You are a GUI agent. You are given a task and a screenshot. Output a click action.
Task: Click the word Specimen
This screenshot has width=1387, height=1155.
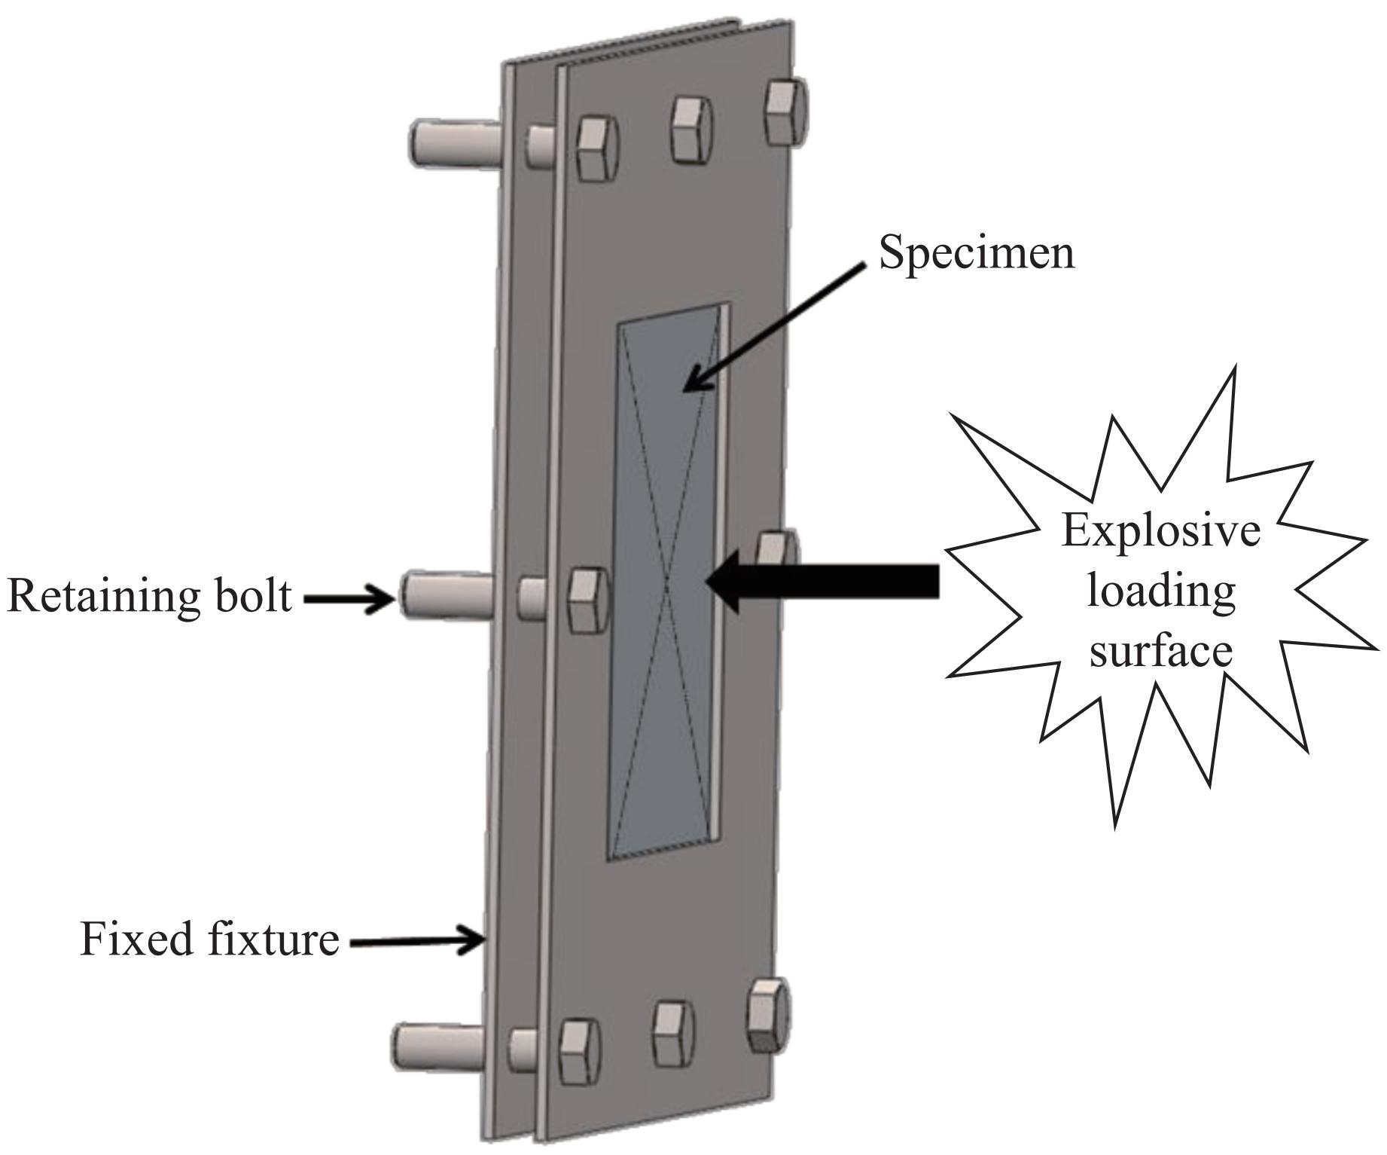977,253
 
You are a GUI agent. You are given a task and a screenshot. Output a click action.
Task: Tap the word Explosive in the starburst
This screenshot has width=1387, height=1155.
1160,531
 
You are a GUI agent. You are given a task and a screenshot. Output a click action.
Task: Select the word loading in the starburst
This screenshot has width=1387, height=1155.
1161,592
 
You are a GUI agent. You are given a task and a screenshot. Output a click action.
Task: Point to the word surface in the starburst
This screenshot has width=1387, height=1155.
1161,650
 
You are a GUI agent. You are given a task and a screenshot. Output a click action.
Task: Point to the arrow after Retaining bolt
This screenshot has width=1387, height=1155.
349,599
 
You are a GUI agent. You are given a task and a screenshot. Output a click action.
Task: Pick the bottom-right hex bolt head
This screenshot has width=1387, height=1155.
769,1015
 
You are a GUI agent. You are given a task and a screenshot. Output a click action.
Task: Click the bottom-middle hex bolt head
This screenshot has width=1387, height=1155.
673,1034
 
